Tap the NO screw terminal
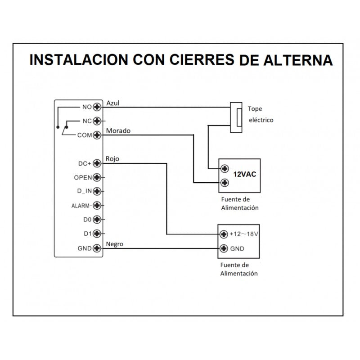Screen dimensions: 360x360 pyautogui.click(x=96, y=107)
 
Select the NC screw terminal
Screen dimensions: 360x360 pyautogui.click(x=96, y=121)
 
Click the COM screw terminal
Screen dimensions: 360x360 pyautogui.click(x=96, y=135)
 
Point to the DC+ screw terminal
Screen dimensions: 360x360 pyautogui.click(x=96, y=163)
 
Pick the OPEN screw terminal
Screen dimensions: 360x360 pyautogui.click(x=96, y=177)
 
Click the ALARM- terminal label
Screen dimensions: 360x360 pyautogui.click(x=81, y=206)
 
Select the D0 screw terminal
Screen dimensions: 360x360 pyautogui.click(x=96, y=220)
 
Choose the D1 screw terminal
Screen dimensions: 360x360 pyautogui.click(x=96, y=234)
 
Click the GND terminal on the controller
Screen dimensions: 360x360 pyautogui.click(x=96, y=248)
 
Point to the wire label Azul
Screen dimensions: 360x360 pyautogui.click(x=112, y=103)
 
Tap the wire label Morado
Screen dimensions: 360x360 pyautogui.click(x=118, y=131)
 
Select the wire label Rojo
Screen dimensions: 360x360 pyautogui.click(x=112, y=159)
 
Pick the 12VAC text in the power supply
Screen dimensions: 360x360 pyautogui.click(x=244, y=175)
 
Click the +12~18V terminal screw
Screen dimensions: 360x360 pyautogui.click(x=224, y=234)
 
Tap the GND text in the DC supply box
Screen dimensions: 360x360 pyautogui.click(x=237, y=248)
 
